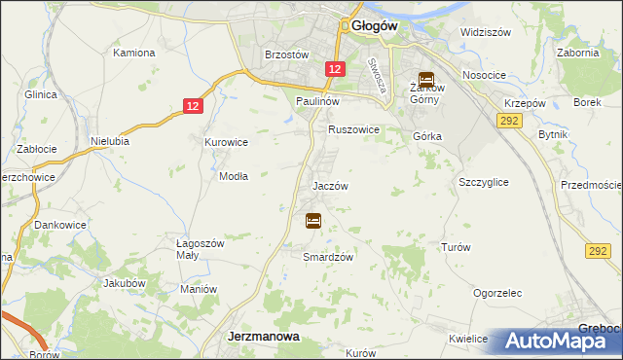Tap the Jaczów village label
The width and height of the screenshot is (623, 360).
(x=330, y=185)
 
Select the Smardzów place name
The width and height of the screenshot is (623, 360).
(x=327, y=257)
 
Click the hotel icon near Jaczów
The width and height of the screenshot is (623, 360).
(x=313, y=221)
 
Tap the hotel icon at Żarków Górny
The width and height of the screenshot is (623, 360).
(x=425, y=81)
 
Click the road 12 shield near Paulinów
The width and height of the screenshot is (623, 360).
(x=334, y=69)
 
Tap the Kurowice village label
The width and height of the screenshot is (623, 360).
(x=226, y=142)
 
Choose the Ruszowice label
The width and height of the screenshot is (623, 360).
(x=353, y=128)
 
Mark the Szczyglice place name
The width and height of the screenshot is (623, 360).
(x=484, y=182)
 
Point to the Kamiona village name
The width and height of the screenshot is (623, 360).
(x=134, y=53)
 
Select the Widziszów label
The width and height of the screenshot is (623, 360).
(x=486, y=32)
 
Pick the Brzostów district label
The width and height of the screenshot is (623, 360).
(x=287, y=55)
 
